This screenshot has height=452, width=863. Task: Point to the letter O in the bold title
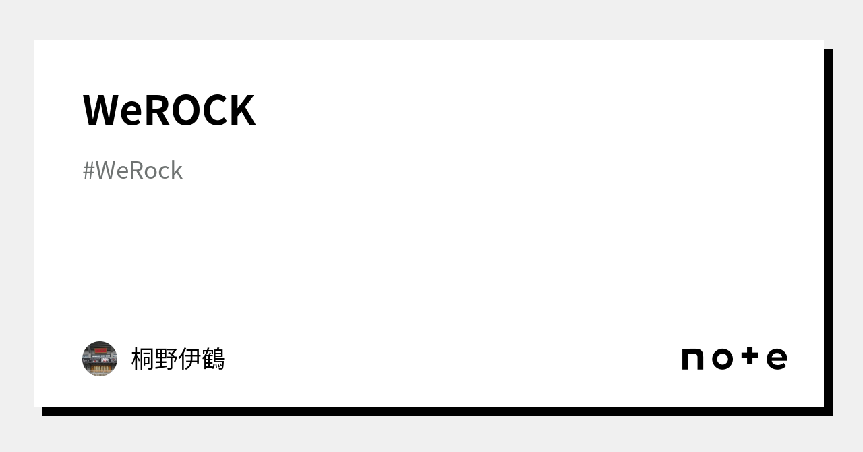[x=187, y=110]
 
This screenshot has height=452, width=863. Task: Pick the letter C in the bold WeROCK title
[x=216, y=110]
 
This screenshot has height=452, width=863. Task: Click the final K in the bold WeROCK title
[x=242, y=110]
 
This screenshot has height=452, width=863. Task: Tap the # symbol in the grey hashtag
[x=88, y=171]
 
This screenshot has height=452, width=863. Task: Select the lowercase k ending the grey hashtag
[x=176, y=171]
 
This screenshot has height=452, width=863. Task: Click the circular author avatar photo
[x=100, y=359]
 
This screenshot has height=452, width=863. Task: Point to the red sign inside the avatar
[x=100, y=351]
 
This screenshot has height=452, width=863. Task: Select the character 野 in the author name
[x=166, y=359]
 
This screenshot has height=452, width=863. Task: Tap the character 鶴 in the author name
[x=213, y=359]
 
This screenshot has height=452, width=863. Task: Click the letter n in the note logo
[x=693, y=359]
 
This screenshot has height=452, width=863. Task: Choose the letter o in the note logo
[x=721, y=359]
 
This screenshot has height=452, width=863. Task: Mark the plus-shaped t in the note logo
[x=750, y=356]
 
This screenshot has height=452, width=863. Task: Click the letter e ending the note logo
[x=777, y=359]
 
